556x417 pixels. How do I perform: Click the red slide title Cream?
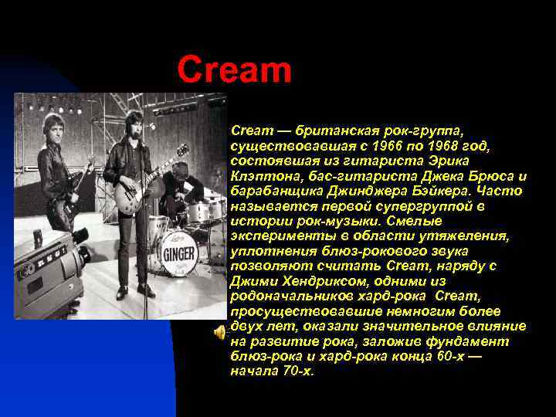point(234,70)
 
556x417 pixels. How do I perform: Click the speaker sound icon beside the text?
point(219,331)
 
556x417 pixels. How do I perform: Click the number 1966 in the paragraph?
point(376,147)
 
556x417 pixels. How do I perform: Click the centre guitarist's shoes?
point(133,291)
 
